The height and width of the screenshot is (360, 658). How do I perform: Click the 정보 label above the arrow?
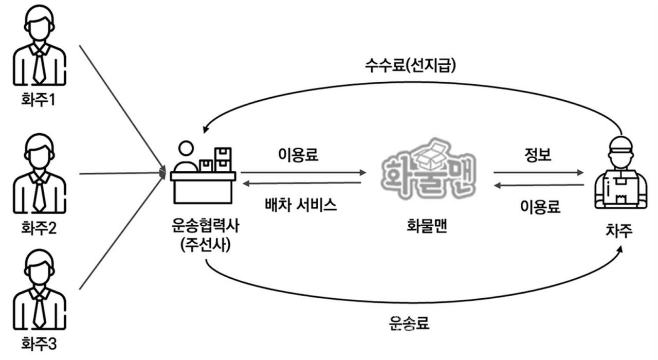pos(537,155)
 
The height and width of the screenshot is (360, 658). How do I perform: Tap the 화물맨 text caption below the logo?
pos(424,227)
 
